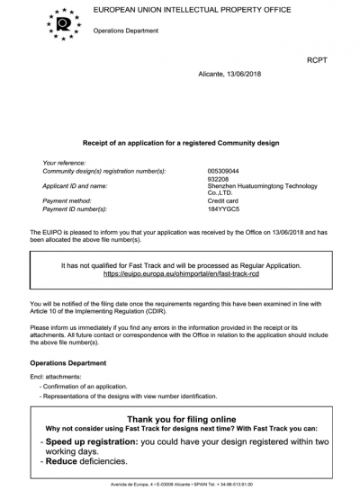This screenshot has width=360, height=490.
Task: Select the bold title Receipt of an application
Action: (x=181, y=143)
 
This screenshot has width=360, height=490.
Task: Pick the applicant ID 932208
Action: (x=219, y=178)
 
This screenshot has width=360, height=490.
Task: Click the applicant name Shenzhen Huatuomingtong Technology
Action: (x=262, y=185)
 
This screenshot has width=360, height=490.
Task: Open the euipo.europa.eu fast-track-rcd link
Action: (x=180, y=273)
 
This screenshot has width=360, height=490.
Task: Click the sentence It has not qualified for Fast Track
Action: (x=180, y=265)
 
